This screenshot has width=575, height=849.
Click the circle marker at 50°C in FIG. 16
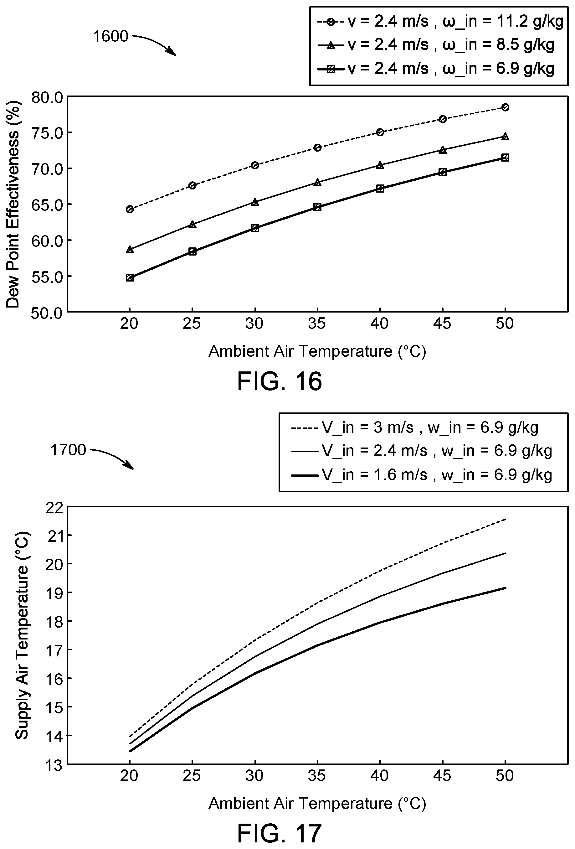coord(505,107)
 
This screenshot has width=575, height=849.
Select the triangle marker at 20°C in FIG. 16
coord(130,250)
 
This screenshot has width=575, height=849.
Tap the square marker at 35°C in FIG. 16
coord(317,207)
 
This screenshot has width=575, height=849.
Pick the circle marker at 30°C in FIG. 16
coord(255,165)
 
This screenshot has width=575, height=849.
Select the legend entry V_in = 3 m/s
coord(414,427)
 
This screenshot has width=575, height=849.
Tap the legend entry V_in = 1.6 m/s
coord(421,475)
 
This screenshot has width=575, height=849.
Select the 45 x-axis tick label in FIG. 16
coord(442,323)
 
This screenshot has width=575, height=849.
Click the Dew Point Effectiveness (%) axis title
coord(13,204)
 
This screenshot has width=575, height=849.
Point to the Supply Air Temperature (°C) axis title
coord(22,635)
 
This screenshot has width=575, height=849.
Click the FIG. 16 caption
coord(280,381)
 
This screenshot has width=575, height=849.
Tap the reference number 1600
coord(110,36)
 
